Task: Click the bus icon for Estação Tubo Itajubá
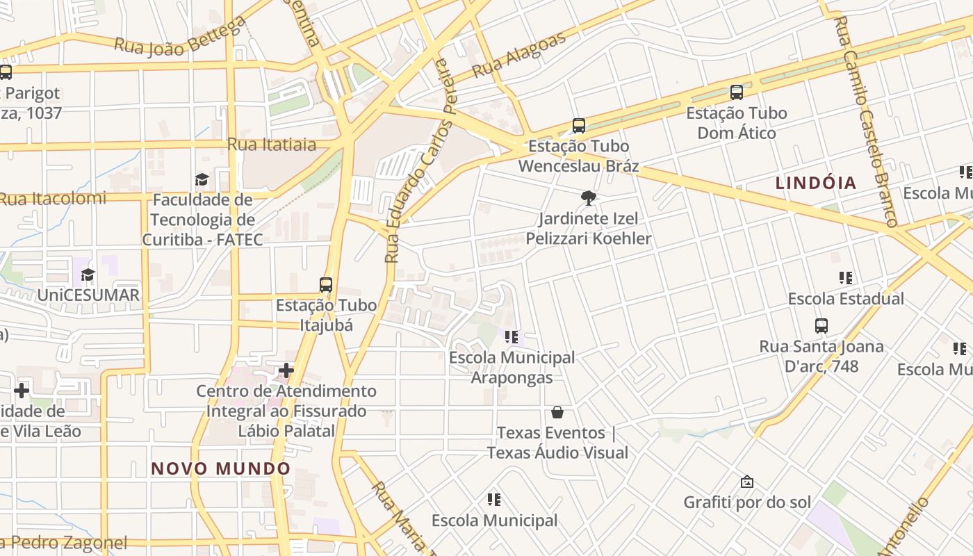pos(325,284)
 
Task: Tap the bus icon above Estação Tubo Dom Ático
pos(737,92)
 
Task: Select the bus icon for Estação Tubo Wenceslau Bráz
pos(579,126)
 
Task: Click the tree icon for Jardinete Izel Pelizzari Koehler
pos(589,198)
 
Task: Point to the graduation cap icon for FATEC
pos(202,180)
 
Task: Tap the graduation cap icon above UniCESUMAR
pos(88,275)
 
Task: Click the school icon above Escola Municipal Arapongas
pos(512,338)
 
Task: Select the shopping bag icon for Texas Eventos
pos(557,412)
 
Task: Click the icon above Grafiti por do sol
pos(747,482)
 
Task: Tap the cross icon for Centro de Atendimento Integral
pos(286,370)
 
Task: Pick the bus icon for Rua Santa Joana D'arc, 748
pos(821,325)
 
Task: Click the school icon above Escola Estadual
pos(846,278)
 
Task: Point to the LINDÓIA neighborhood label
pos(816,183)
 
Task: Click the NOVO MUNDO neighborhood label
pos(221,468)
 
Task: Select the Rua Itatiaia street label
pos(272,145)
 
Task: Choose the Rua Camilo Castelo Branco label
pos(866,121)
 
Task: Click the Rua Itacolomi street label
pos(53,199)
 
